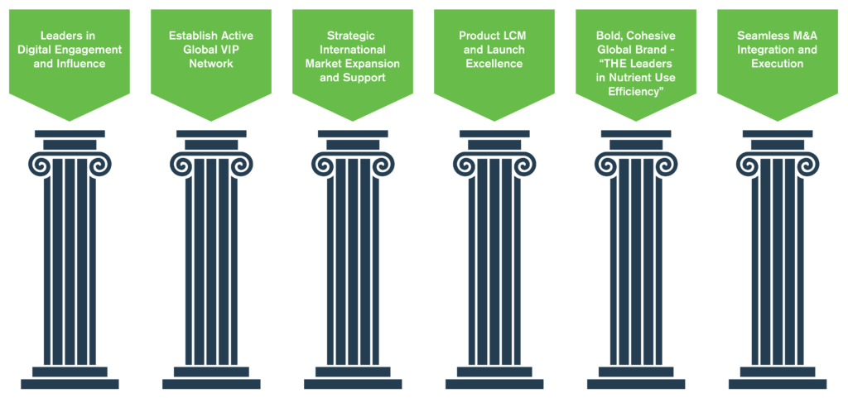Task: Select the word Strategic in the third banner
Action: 353,36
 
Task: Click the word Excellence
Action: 494,64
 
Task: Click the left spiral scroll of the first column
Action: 40,164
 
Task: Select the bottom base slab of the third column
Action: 353,384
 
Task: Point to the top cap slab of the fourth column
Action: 494,133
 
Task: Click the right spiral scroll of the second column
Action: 241,164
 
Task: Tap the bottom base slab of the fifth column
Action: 636,384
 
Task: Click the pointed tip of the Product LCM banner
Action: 494,121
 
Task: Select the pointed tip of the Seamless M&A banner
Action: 778,121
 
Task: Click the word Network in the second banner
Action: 211,64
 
